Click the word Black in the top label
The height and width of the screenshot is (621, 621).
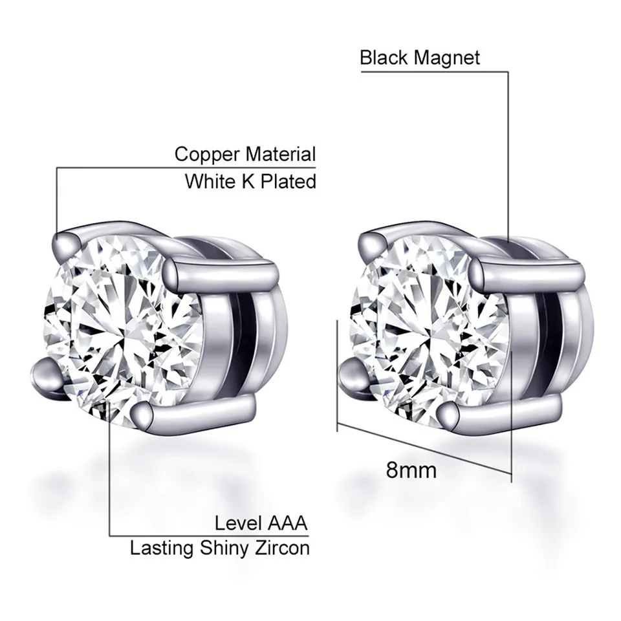pos(384,58)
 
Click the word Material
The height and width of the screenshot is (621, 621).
pos(281,154)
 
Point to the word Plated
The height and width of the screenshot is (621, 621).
pos(289,181)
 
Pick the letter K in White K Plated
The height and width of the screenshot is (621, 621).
pos(248,181)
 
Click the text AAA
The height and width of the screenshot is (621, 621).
pos(287,523)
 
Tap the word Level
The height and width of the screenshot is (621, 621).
pos(239,523)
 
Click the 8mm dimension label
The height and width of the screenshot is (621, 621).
pos(411,470)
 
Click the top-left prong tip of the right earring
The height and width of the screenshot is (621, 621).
pos(371,243)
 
